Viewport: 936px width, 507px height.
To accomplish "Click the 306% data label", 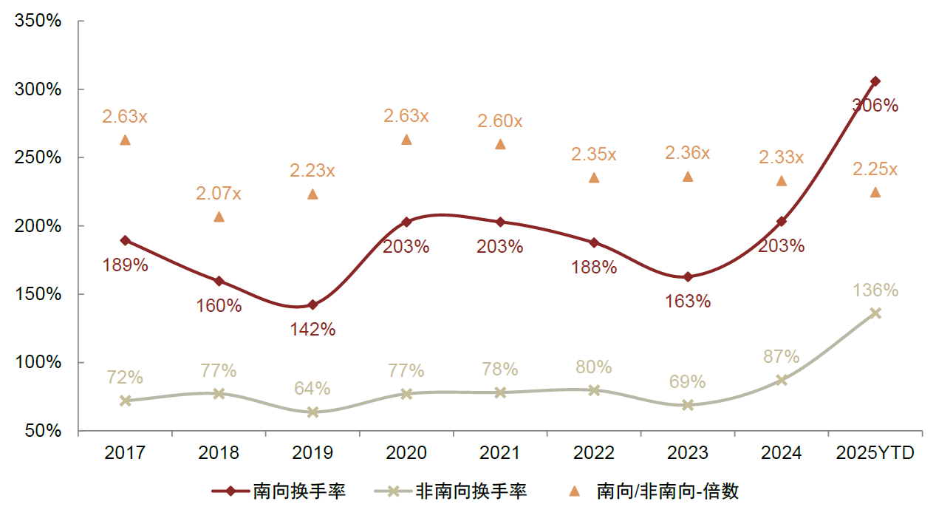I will [875, 106].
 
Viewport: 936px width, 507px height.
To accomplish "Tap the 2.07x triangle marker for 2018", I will [219, 217].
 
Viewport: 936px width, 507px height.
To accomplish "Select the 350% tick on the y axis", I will [38, 21].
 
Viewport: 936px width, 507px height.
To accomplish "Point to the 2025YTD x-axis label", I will [875, 453].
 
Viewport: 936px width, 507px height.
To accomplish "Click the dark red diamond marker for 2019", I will [312, 304].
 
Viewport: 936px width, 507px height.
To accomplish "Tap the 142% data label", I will [312, 330].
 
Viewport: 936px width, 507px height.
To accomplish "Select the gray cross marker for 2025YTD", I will [875, 313].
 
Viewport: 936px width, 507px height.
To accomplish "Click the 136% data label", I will [875, 290].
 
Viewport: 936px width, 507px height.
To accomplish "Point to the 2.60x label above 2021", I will [500, 121].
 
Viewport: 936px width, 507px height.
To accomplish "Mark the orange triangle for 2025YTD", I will [875, 192].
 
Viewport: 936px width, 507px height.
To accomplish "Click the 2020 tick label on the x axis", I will [406, 453].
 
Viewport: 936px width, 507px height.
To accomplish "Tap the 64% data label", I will [312, 388].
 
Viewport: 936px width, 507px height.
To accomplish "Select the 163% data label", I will [688, 302].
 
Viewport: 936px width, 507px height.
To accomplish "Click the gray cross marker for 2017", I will [125, 401].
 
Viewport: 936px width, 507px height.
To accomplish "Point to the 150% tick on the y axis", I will [38, 294].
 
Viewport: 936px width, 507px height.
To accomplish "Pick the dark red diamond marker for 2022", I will [594, 242].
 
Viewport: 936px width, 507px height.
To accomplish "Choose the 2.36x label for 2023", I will [688, 153].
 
